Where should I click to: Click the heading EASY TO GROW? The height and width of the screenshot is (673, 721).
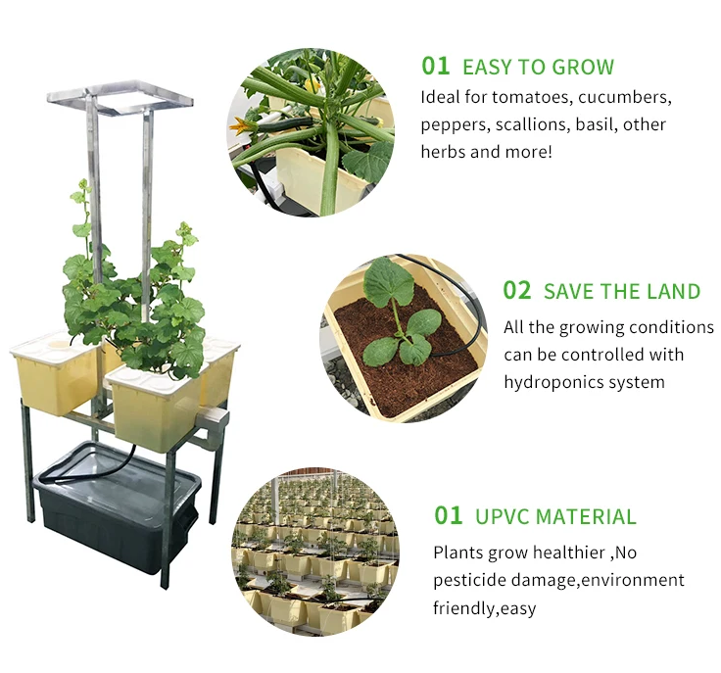click(538, 68)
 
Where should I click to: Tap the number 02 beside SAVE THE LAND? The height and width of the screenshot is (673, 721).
click(517, 291)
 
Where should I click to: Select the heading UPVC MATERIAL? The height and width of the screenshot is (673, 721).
click(555, 516)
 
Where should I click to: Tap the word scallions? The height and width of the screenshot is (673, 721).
click(529, 124)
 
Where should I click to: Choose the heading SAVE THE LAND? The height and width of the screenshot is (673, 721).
click(622, 292)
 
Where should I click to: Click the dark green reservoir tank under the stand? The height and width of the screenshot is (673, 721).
click(115, 515)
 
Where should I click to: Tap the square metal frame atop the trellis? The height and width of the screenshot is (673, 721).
click(120, 97)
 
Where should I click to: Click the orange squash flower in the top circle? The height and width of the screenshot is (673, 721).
click(239, 125)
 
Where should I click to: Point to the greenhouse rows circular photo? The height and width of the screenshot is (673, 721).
click(315, 553)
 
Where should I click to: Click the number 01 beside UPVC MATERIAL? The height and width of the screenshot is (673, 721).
click(448, 516)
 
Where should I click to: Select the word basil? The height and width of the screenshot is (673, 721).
click(593, 124)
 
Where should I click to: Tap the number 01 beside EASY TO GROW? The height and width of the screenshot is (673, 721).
click(435, 66)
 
